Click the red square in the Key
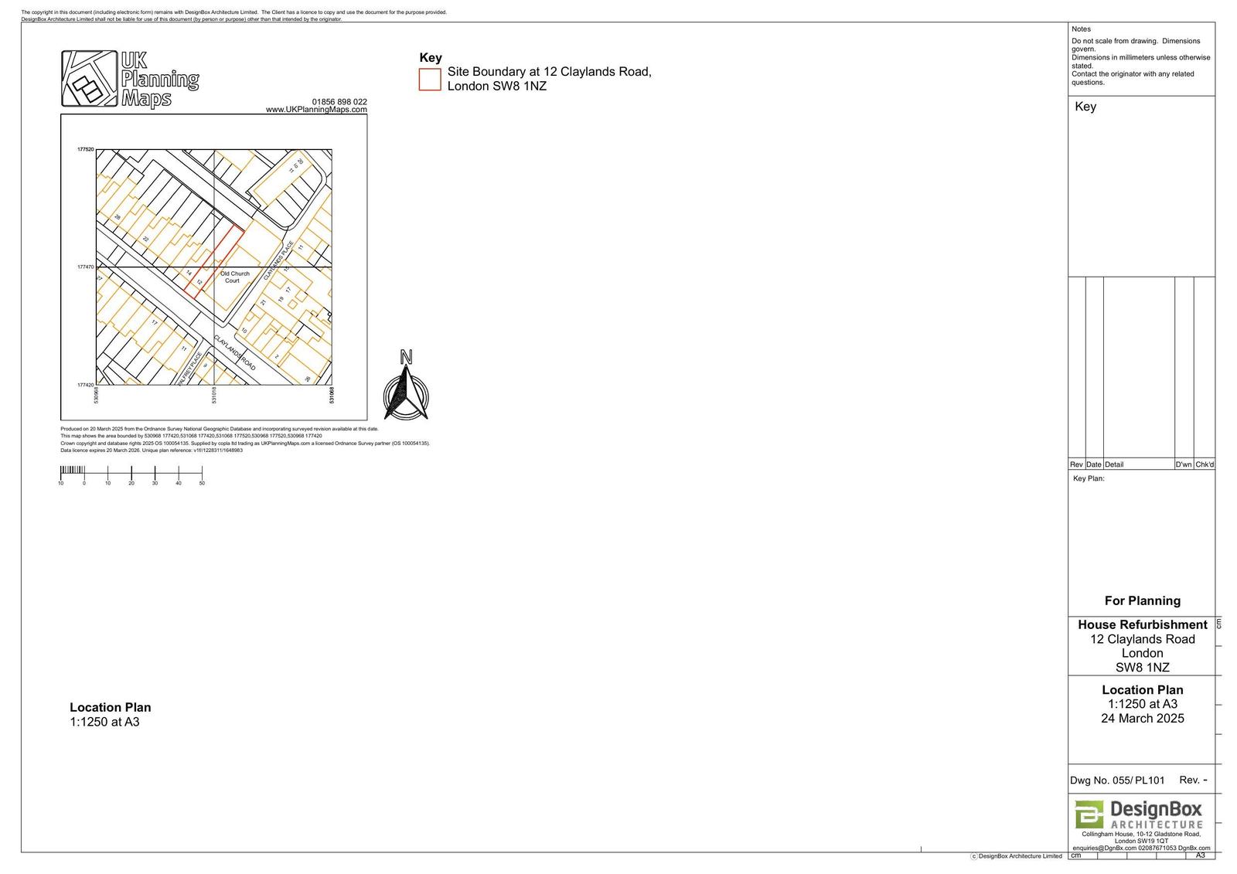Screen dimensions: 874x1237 (430, 79)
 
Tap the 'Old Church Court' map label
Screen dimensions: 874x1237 (234, 277)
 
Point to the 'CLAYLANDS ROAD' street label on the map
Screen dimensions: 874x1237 (234, 353)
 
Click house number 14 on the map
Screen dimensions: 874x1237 (189, 273)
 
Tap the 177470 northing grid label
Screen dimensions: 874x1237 (85, 267)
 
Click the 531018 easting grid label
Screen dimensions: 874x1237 (214, 396)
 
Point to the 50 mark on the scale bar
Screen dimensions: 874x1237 (202, 483)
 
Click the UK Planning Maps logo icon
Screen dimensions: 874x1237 (90, 79)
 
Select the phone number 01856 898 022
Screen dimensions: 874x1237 (339, 102)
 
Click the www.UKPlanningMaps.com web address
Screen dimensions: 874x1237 (316, 110)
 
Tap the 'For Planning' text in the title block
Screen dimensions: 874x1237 (1142, 600)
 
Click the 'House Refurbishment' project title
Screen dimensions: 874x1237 (1142, 624)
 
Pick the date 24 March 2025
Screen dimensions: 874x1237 (1142, 718)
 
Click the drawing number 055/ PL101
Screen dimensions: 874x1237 (1138, 780)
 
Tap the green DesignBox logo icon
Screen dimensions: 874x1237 (1089, 814)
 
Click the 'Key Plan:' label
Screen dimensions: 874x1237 (1089, 478)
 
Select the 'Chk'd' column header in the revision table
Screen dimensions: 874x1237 (1205, 464)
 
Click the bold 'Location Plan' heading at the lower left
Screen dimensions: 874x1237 (111, 707)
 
